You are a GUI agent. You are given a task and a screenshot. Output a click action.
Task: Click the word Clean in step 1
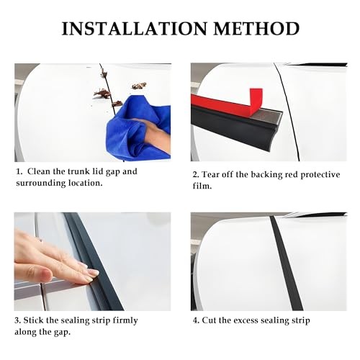(40, 171)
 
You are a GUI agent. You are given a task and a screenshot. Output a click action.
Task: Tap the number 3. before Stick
(19, 320)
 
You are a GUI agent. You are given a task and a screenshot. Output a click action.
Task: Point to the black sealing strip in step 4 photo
(287, 266)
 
